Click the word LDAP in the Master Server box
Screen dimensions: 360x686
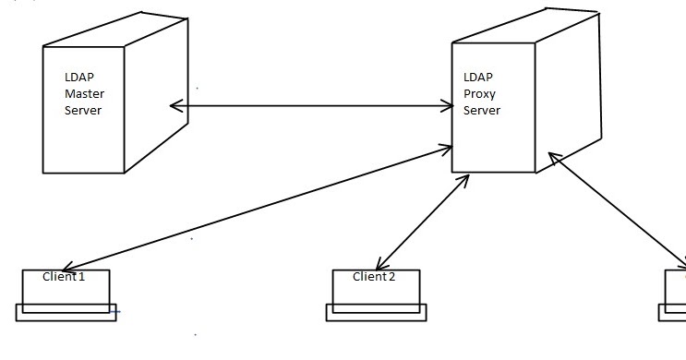click(x=77, y=78)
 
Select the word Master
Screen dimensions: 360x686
click(x=82, y=94)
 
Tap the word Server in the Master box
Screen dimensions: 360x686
click(x=81, y=110)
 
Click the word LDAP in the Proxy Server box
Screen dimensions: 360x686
click(x=476, y=78)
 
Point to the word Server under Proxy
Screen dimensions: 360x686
click(x=481, y=110)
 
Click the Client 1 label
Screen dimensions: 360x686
click(x=64, y=277)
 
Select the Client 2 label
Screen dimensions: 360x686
click(x=374, y=277)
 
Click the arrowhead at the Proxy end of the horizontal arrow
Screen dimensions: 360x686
click(x=447, y=106)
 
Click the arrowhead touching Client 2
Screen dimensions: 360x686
click(x=380, y=265)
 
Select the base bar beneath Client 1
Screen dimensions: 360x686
click(x=66, y=313)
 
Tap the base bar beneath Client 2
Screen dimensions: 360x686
click(x=376, y=313)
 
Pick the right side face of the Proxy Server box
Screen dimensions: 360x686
click(x=568, y=92)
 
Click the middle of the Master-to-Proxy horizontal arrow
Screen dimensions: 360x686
click(x=312, y=106)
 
